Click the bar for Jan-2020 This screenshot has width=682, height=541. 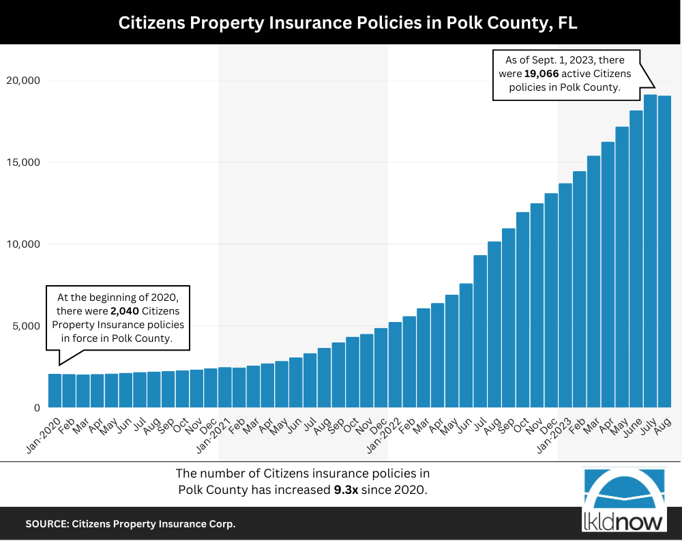(55, 391)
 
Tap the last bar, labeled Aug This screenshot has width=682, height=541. (665, 252)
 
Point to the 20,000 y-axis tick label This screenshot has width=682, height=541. (23, 81)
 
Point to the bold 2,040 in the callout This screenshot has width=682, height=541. (125, 311)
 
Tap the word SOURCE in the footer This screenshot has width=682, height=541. (45, 525)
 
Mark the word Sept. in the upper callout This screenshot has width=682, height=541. (533, 60)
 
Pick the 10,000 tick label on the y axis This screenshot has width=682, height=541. (23, 244)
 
